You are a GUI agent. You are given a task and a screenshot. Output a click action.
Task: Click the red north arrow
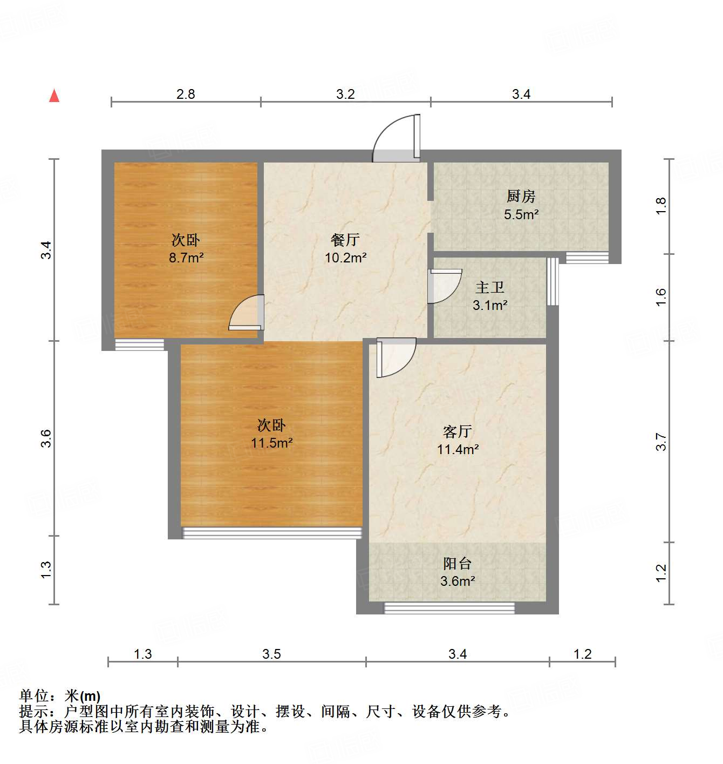pos(54,96)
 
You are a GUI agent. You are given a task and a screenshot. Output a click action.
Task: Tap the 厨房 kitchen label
pos(521,196)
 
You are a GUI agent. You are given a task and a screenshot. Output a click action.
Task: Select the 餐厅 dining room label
pos(345,239)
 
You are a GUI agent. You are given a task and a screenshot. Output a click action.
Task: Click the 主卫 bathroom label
pos(490,287)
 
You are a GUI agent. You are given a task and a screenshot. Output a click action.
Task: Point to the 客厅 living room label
pos(458,431)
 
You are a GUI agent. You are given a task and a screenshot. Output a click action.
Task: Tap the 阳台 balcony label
pos(458,564)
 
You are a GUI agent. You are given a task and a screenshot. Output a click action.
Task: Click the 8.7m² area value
pos(186,258)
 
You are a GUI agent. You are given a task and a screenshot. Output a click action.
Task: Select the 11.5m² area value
pos(272,443)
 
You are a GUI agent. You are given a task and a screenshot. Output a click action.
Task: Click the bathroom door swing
pos(444,286)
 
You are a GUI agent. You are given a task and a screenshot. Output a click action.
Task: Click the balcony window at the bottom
pos(449,609)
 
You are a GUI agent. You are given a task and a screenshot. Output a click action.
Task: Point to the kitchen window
pos(587,258)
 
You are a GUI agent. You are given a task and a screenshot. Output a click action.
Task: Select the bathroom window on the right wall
pos(553,281)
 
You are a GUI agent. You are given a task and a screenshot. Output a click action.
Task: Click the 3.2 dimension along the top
pos(345,94)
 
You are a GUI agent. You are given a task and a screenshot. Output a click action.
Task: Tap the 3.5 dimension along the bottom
pos(271,654)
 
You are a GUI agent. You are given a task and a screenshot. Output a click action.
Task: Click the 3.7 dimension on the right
pos(661,442)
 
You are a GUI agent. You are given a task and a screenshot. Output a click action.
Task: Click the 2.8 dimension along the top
pos(186,94)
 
